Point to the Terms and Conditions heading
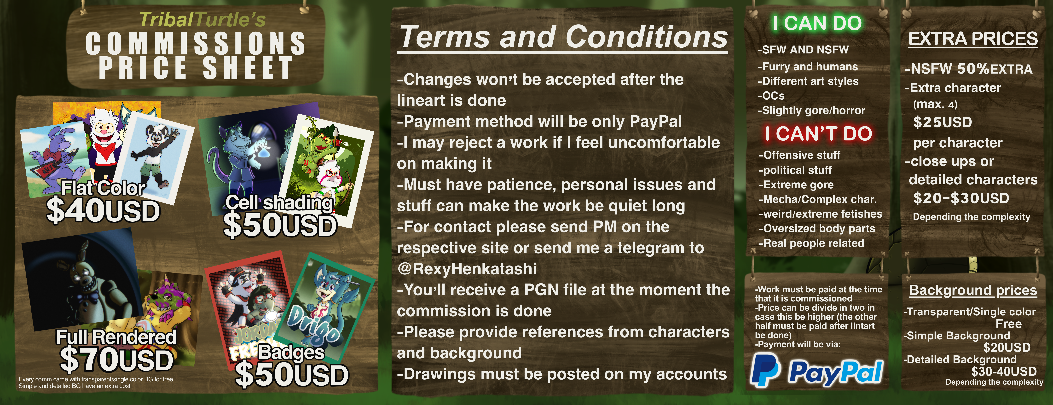[563, 37]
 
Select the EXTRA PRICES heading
[973, 39]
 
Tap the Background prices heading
[973, 290]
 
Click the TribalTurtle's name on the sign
[202, 20]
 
